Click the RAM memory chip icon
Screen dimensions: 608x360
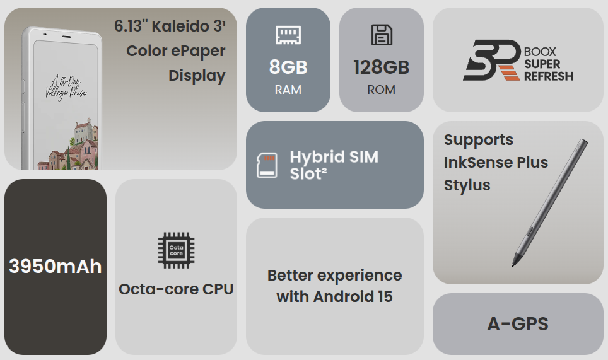click(288, 35)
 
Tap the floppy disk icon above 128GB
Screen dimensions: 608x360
click(382, 35)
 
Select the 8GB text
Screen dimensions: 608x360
click(288, 67)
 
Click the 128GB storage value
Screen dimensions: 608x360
click(382, 67)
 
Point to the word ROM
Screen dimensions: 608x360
click(382, 90)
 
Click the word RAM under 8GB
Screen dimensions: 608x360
click(288, 90)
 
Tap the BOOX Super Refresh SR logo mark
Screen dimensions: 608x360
click(492, 60)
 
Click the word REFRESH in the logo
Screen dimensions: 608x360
click(548, 76)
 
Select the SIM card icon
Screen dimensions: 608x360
click(267, 165)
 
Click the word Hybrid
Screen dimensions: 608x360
click(318, 158)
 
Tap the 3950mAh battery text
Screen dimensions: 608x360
click(55, 267)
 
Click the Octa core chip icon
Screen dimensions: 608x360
click(177, 250)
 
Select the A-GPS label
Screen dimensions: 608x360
click(518, 324)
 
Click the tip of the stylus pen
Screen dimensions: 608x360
click(513, 266)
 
